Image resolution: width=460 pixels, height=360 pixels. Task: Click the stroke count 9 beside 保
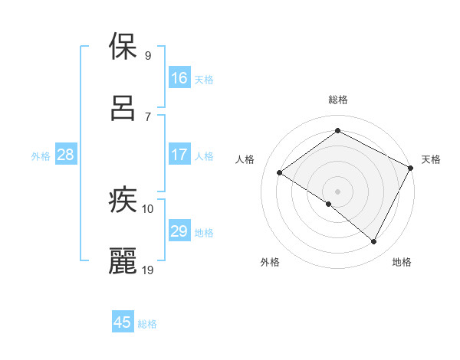pos(147,55)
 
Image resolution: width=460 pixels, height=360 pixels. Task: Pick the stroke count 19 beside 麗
pos(149,269)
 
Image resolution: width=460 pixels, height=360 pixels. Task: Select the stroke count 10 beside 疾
pos(148,208)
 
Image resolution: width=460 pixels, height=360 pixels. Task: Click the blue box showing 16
pos(179,78)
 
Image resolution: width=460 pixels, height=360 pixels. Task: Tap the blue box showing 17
pos(179,155)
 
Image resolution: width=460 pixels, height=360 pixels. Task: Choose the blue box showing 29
pos(179,231)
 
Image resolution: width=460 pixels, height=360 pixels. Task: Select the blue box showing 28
pos(65,155)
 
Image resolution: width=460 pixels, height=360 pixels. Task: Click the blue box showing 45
pos(122,322)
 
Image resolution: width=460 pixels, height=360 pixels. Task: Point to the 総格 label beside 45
pos(147,324)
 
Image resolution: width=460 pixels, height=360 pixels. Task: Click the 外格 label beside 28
pos(41,156)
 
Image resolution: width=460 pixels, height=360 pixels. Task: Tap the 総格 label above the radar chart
pos(338,100)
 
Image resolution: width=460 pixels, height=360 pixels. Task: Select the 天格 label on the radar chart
pos(431,159)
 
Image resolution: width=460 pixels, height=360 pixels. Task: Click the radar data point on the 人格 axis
pos(280,172)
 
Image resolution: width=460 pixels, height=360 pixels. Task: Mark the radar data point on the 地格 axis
pos(374,242)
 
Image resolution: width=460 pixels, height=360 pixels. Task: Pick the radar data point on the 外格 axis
pos(329,204)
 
